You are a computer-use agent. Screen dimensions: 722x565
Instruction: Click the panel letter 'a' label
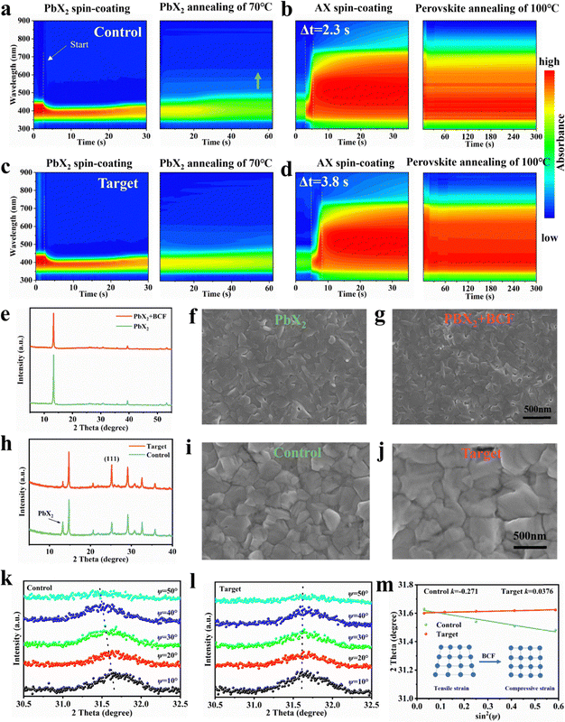(x=7, y=9)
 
